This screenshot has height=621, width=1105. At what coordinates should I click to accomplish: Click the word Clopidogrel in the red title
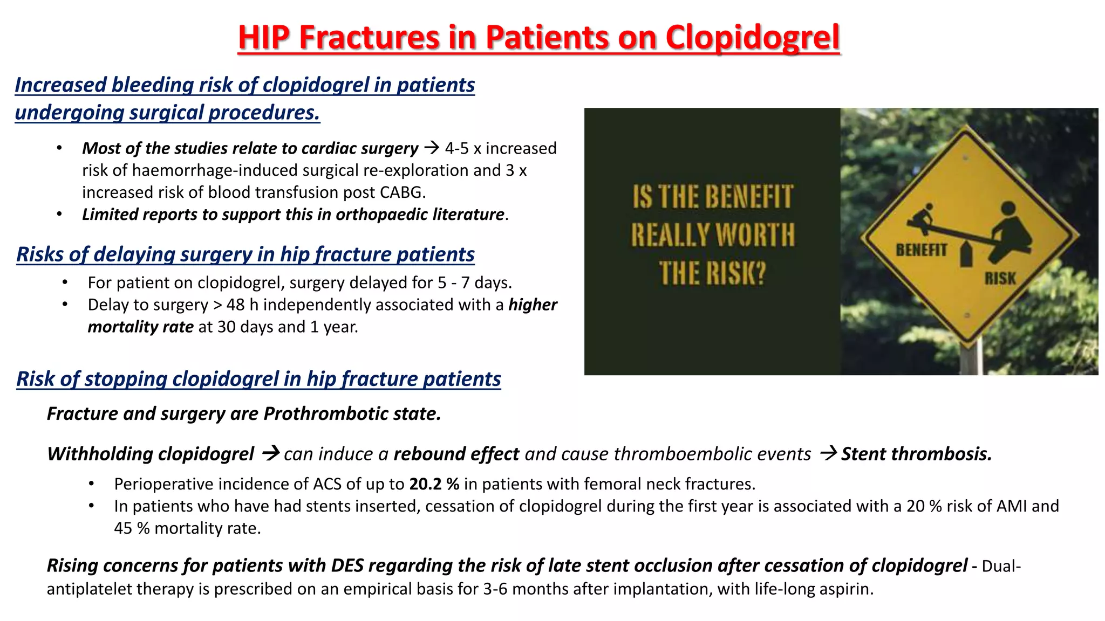tap(752, 38)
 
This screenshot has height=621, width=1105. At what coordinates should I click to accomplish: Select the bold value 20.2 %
tap(434, 484)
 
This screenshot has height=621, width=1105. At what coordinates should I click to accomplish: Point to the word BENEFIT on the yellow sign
tap(921, 250)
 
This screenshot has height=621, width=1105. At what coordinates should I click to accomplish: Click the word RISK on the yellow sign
tap(1000, 279)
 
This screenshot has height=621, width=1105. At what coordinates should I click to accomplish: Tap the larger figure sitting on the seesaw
tap(1012, 229)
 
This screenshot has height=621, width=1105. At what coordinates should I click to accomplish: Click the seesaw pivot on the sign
tap(966, 254)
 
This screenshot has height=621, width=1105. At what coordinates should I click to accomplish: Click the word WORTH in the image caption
tap(755, 236)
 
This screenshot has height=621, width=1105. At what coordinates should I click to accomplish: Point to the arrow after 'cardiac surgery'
tap(431, 147)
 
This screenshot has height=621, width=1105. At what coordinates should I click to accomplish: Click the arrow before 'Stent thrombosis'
tap(828, 453)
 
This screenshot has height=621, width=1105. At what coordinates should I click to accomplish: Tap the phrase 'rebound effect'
tap(456, 454)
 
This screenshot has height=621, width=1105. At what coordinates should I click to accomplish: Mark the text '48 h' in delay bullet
tap(242, 305)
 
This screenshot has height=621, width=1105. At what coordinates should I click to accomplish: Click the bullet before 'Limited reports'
tap(60, 215)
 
